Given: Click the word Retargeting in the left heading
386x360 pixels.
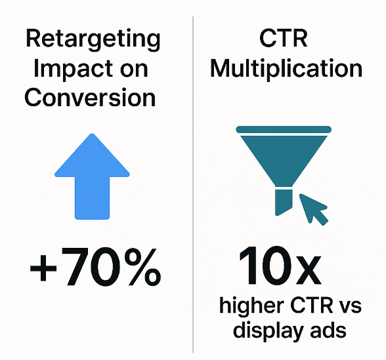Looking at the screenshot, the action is [x=93, y=40].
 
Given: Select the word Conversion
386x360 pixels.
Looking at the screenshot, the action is [x=90, y=97].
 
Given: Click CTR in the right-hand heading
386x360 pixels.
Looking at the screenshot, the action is [x=284, y=39].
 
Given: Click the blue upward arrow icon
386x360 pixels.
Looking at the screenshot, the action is [x=92, y=176].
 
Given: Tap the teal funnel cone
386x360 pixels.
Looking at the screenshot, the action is [x=284, y=161].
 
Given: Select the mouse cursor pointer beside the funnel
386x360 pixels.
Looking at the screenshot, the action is [x=312, y=209].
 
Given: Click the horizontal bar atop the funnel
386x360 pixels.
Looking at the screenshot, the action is [x=284, y=129].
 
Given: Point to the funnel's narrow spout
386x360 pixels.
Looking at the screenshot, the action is [x=284, y=202].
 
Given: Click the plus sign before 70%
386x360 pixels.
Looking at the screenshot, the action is [x=43, y=268].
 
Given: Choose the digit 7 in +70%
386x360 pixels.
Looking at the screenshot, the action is [x=75, y=267].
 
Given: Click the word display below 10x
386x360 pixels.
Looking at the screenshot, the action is [x=268, y=331].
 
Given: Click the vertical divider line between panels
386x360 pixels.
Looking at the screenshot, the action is [x=193, y=185].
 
